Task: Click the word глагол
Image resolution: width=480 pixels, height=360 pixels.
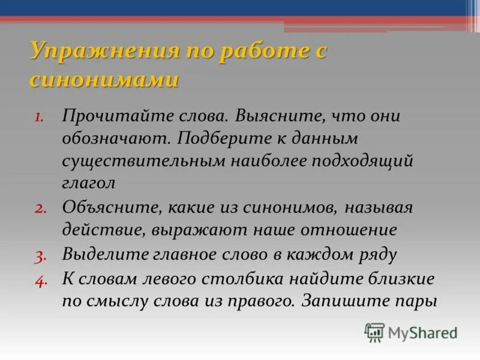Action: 88,184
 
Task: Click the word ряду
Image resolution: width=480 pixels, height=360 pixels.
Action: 377,254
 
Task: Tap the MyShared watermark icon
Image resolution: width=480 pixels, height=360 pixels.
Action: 374,332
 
